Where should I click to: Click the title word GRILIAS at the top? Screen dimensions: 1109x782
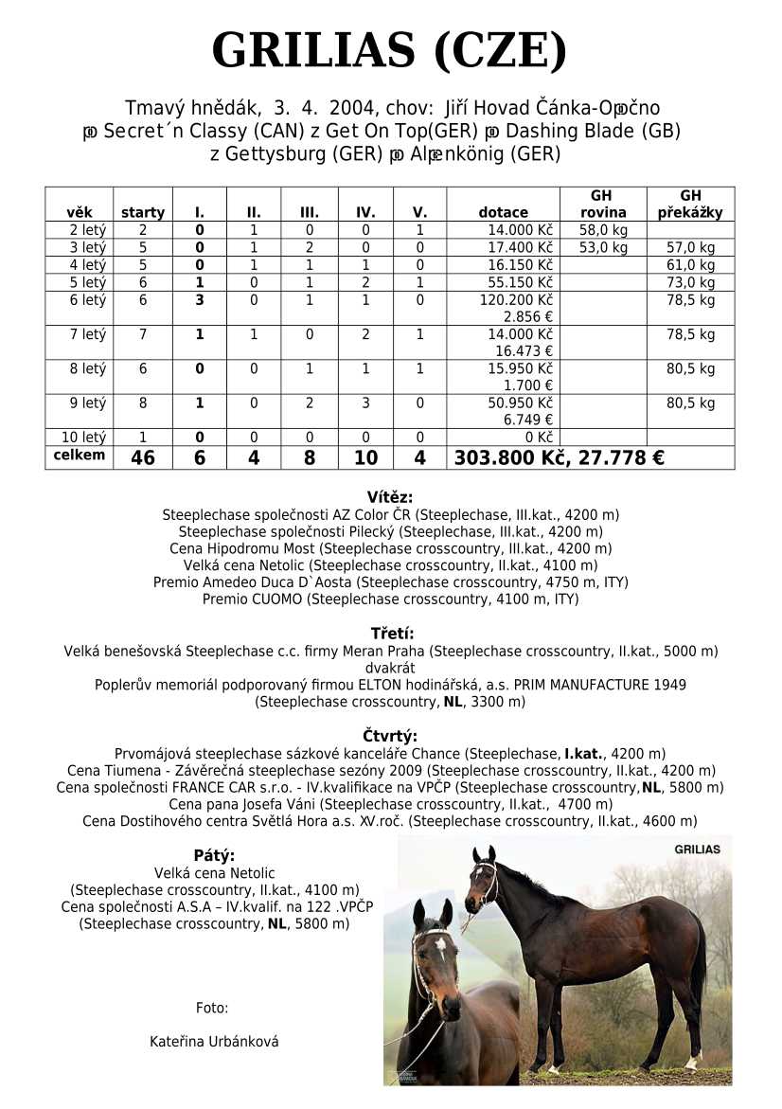click(312, 50)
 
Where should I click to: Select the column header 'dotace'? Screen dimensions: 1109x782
click(503, 213)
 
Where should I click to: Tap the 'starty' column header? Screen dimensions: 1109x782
click(143, 213)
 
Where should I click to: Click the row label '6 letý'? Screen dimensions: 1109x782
click(87, 300)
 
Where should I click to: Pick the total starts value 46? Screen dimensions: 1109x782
click(143, 458)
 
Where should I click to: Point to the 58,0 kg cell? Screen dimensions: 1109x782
click(603, 230)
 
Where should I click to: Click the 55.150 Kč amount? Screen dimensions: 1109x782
click(521, 282)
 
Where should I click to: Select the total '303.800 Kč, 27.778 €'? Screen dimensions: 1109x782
click(560, 458)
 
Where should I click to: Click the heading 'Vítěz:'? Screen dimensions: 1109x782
click(390, 497)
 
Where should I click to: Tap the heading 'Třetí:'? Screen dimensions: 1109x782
click(390, 634)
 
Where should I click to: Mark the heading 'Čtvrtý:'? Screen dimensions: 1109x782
click(390, 736)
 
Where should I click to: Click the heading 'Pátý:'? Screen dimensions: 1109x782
click(214, 855)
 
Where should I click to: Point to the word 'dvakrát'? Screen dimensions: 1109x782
click(390, 668)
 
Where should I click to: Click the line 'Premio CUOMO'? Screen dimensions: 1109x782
click(390, 599)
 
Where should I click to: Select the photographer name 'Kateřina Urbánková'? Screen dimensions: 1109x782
click(214, 1042)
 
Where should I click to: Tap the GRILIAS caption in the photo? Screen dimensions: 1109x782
click(697, 850)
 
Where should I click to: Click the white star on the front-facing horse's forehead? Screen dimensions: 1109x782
click(441, 944)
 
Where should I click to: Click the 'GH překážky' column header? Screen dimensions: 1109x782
click(690, 205)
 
